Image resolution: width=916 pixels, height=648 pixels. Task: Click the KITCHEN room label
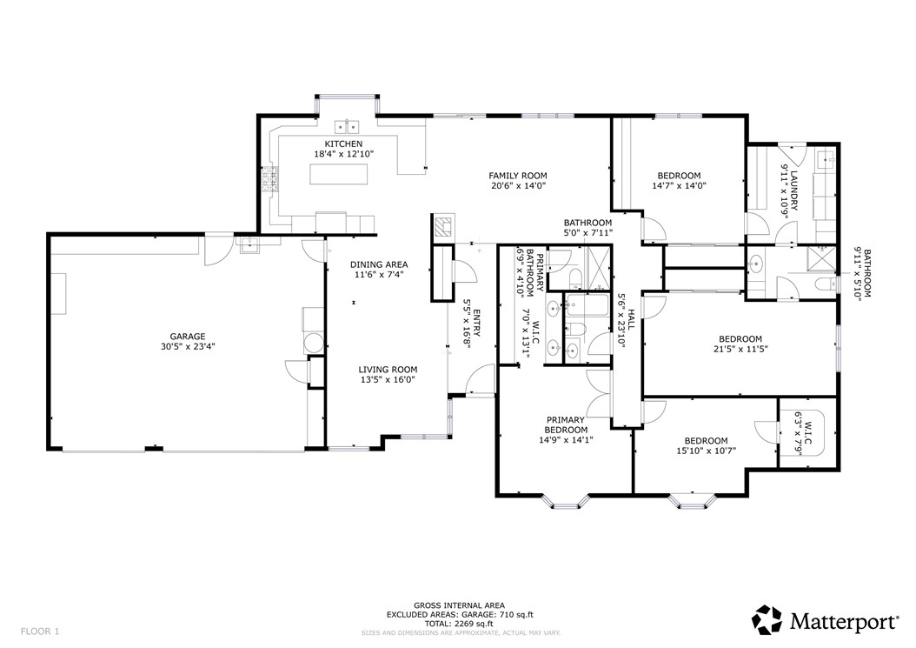point(343,144)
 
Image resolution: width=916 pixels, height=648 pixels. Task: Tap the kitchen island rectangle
point(339,174)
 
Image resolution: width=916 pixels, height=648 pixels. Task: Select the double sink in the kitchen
point(347,126)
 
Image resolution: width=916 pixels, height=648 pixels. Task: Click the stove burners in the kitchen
point(270,179)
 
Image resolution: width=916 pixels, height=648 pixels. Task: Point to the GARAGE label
point(188,337)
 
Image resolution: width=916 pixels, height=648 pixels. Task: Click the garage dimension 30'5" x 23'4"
point(188,346)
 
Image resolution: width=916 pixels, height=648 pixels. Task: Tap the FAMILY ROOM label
point(518,176)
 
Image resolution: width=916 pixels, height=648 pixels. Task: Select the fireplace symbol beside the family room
point(444,226)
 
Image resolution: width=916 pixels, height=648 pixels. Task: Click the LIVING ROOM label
point(388,370)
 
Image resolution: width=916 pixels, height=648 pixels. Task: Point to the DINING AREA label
point(379,265)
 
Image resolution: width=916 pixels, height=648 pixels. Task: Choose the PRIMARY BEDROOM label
point(566,424)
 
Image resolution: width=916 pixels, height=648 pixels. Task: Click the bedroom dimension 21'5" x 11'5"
point(740,349)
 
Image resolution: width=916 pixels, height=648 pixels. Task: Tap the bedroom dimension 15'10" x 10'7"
point(707,451)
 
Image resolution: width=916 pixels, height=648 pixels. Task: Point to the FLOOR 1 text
point(40,631)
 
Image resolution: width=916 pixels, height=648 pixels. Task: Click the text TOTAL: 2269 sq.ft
point(459,624)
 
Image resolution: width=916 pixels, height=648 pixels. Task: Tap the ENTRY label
point(476,323)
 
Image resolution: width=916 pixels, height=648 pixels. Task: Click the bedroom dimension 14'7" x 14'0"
point(679,186)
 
